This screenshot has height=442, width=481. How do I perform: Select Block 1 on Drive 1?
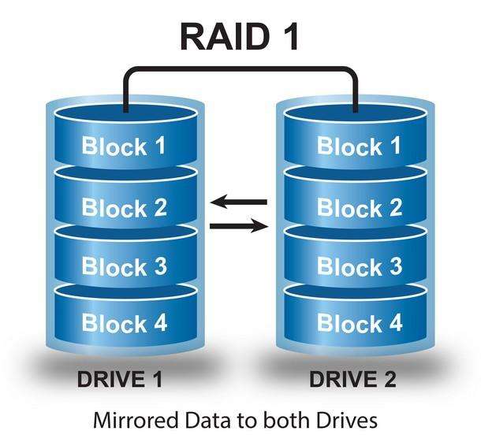click(x=125, y=147)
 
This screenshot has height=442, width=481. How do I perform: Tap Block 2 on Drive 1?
click(x=125, y=207)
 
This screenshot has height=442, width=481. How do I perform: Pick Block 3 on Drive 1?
click(x=125, y=266)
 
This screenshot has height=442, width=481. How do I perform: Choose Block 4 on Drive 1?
click(x=125, y=323)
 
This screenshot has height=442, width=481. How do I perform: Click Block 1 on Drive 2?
click(x=360, y=147)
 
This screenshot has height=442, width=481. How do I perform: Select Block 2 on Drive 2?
click(x=360, y=207)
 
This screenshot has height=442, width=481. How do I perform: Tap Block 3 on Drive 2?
click(x=360, y=266)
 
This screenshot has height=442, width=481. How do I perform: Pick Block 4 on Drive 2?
click(x=360, y=323)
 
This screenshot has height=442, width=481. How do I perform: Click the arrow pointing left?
click(x=239, y=202)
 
